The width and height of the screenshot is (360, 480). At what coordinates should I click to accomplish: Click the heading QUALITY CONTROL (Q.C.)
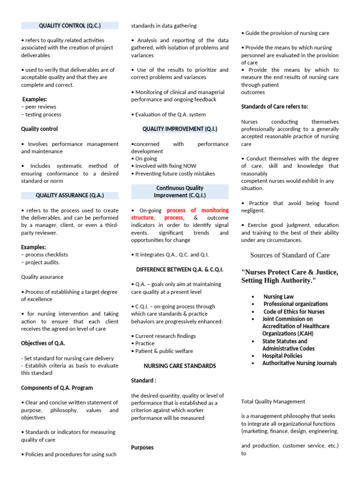[x=70, y=25]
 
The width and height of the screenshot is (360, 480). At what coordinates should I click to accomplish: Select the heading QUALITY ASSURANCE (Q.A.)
[x=70, y=195]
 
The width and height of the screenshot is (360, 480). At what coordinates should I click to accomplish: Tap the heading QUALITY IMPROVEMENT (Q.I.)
[x=180, y=129]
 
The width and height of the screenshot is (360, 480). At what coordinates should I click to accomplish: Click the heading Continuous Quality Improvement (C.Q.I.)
[x=180, y=192]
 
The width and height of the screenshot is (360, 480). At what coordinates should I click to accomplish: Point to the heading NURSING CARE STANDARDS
[x=180, y=366]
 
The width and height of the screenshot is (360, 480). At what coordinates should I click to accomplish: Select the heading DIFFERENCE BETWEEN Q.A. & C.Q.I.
[x=180, y=270]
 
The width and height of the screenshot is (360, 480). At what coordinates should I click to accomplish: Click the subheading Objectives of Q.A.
[x=43, y=344]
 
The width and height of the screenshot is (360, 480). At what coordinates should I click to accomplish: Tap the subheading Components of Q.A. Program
[x=57, y=388]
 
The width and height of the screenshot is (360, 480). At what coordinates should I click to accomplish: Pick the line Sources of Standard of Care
[x=290, y=255]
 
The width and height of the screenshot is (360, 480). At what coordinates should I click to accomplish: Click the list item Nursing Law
[x=278, y=297]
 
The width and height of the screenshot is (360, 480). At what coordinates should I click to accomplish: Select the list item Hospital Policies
[x=282, y=356]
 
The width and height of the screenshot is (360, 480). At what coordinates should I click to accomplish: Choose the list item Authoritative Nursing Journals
[x=299, y=363]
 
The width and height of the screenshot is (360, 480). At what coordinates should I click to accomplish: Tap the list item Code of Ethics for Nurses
[x=294, y=312]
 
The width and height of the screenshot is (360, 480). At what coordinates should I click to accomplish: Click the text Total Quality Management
[x=273, y=401]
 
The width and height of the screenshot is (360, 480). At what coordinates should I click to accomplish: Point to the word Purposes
[x=142, y=448]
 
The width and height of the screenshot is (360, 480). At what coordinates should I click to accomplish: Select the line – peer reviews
[x=39, y=107]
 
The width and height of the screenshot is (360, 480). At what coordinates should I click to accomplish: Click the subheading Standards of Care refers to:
[x=275, y=107]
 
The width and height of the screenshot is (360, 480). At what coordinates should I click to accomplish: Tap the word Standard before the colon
[x=142, y=381]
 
